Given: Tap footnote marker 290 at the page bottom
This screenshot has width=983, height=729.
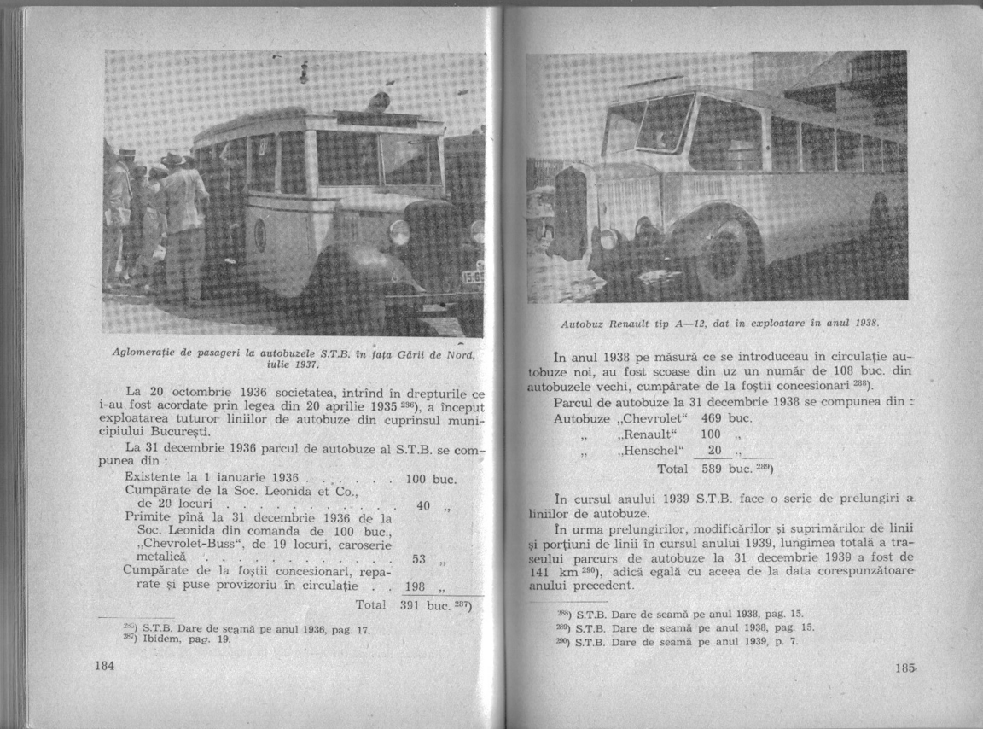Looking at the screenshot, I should [563, 641].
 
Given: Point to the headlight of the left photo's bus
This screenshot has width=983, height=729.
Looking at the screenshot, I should [399, 231].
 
